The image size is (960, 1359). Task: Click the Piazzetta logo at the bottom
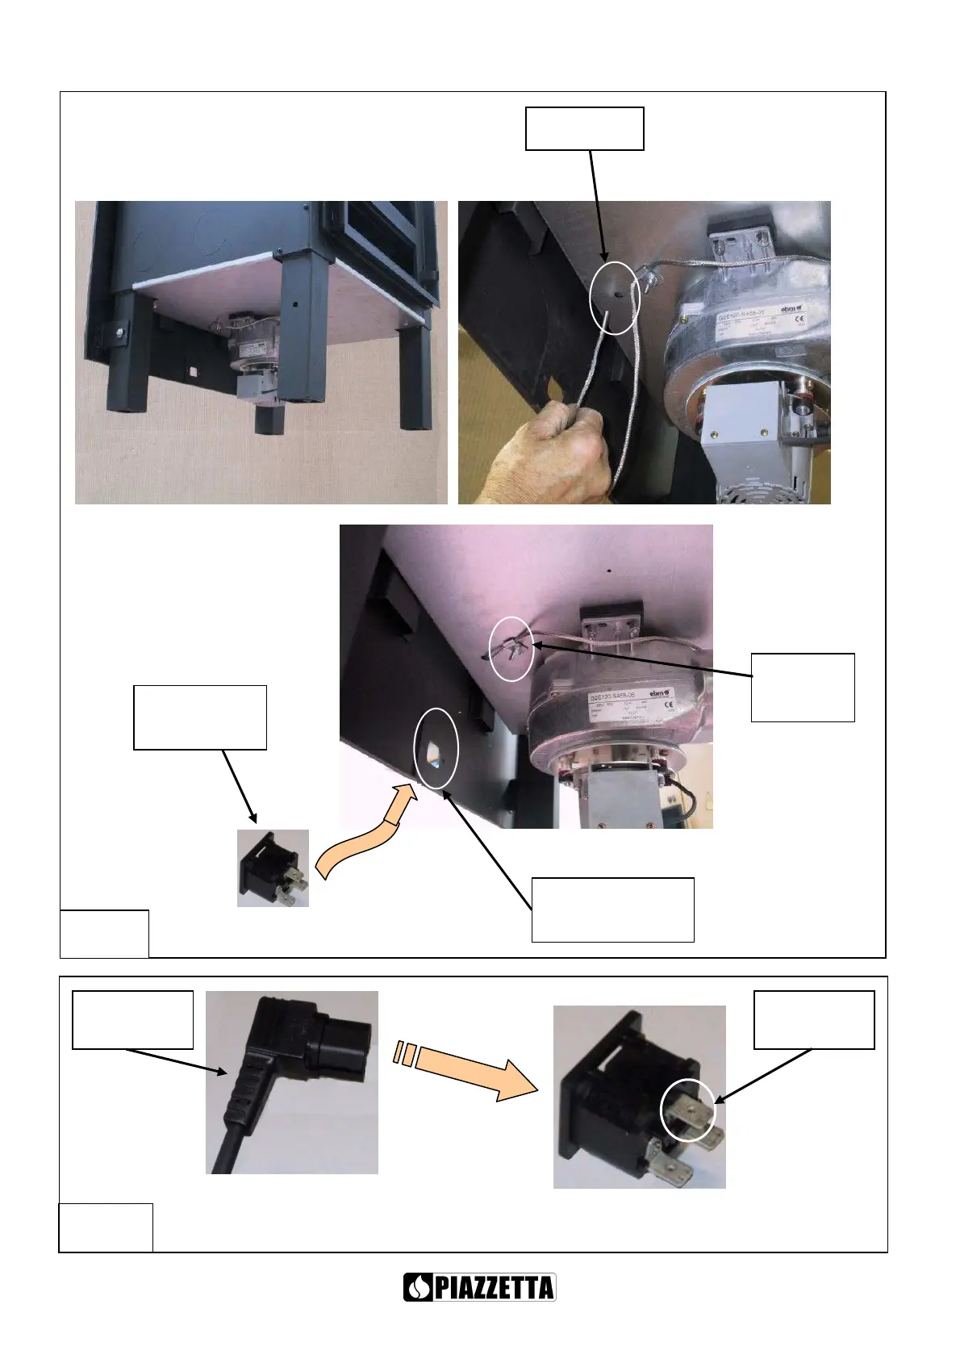(x=479, y=1287)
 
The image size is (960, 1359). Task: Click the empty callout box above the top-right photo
(x=584, y=128)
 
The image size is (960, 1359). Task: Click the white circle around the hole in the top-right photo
(x=615, y=297)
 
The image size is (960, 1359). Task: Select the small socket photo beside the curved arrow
(x=273, y=868)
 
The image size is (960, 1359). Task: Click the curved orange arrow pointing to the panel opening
(x=367, y=831)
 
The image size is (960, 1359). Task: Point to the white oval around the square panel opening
(x=436, y=748)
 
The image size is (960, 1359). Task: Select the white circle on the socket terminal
(x=688, y=1112)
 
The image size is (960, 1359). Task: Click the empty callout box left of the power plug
(x=132, y=1020)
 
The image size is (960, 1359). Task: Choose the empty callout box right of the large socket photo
(x=814, y=1020)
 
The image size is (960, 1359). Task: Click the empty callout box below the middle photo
(x=612, y=909)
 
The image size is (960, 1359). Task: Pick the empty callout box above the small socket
(x=199, y=717)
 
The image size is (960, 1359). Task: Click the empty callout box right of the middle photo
(x=803, y=687)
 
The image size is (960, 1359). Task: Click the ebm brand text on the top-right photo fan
(x=789, y=309)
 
